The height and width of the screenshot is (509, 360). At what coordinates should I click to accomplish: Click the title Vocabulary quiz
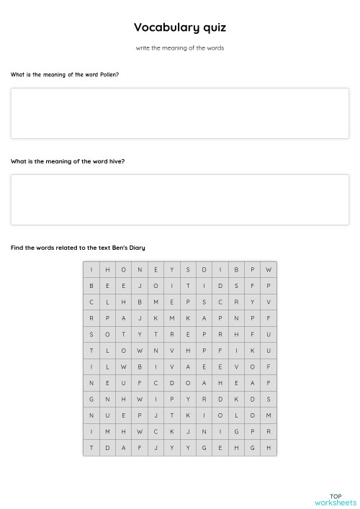pos(180,27)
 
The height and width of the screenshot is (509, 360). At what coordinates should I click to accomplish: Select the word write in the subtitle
pos(142,48)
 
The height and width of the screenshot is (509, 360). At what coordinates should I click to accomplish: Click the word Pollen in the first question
pos(109,74)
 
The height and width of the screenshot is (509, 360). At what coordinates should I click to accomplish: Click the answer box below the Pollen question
pos(180,113)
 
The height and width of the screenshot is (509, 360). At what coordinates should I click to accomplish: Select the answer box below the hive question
pos(180,199)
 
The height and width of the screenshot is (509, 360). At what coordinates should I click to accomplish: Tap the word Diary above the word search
pos(136,248)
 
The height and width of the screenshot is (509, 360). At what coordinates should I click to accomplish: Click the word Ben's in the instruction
pos(120,248)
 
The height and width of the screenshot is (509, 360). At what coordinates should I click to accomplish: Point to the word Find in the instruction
pos(17,248)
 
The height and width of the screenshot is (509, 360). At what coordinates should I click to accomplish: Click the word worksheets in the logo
pos(336,502)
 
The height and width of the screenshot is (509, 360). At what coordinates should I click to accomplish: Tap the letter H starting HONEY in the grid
pos(107,269)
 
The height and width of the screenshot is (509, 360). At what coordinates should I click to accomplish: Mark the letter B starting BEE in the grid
pos(91,286)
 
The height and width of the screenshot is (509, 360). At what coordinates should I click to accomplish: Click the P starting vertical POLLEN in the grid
pos(107,318)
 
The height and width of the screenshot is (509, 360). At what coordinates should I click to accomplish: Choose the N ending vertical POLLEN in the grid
pos(107,399)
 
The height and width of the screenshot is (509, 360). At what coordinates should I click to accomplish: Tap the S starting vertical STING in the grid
pos(91,334)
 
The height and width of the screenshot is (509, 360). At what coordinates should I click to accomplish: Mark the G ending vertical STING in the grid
pos(91,399)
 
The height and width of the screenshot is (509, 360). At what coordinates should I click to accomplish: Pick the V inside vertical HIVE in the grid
pos(236,366)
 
